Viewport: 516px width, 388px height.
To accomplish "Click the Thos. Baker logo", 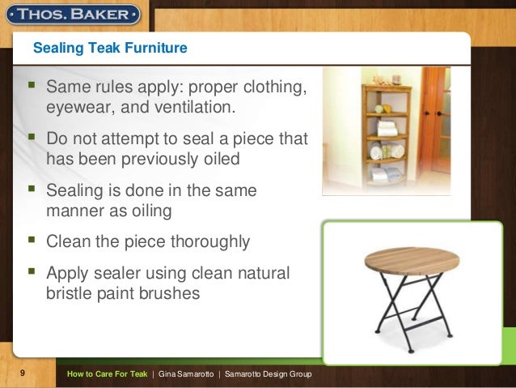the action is pyautogui.click(x=73, y=15).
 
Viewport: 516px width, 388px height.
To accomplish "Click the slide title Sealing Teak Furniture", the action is pyautogui.click(x=110, y=48).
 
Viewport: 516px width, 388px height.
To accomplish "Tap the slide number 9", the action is pyautogui.click(x=23, y=373).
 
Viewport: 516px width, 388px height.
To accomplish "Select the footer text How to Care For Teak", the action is pyautogui.click(x=107, y=374).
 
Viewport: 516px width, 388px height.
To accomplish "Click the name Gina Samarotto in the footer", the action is pyautogui.click(x=186, y=374).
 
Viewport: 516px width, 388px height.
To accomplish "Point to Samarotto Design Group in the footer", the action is pyautogui.click(x=268, y=374).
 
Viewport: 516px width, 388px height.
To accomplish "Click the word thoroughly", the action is pyautogui.click(x=210, y=242).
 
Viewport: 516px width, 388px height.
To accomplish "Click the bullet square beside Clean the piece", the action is pyautogui.click(x=32, y=239).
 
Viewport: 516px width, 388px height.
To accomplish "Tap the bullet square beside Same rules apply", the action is pyautogui.click(x=32, y=85).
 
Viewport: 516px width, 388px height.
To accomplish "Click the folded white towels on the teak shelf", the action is pyautogui.click(x=387, y=129).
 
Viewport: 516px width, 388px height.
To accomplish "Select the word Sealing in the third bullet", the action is pyautogui.click(x=74, y=191).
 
